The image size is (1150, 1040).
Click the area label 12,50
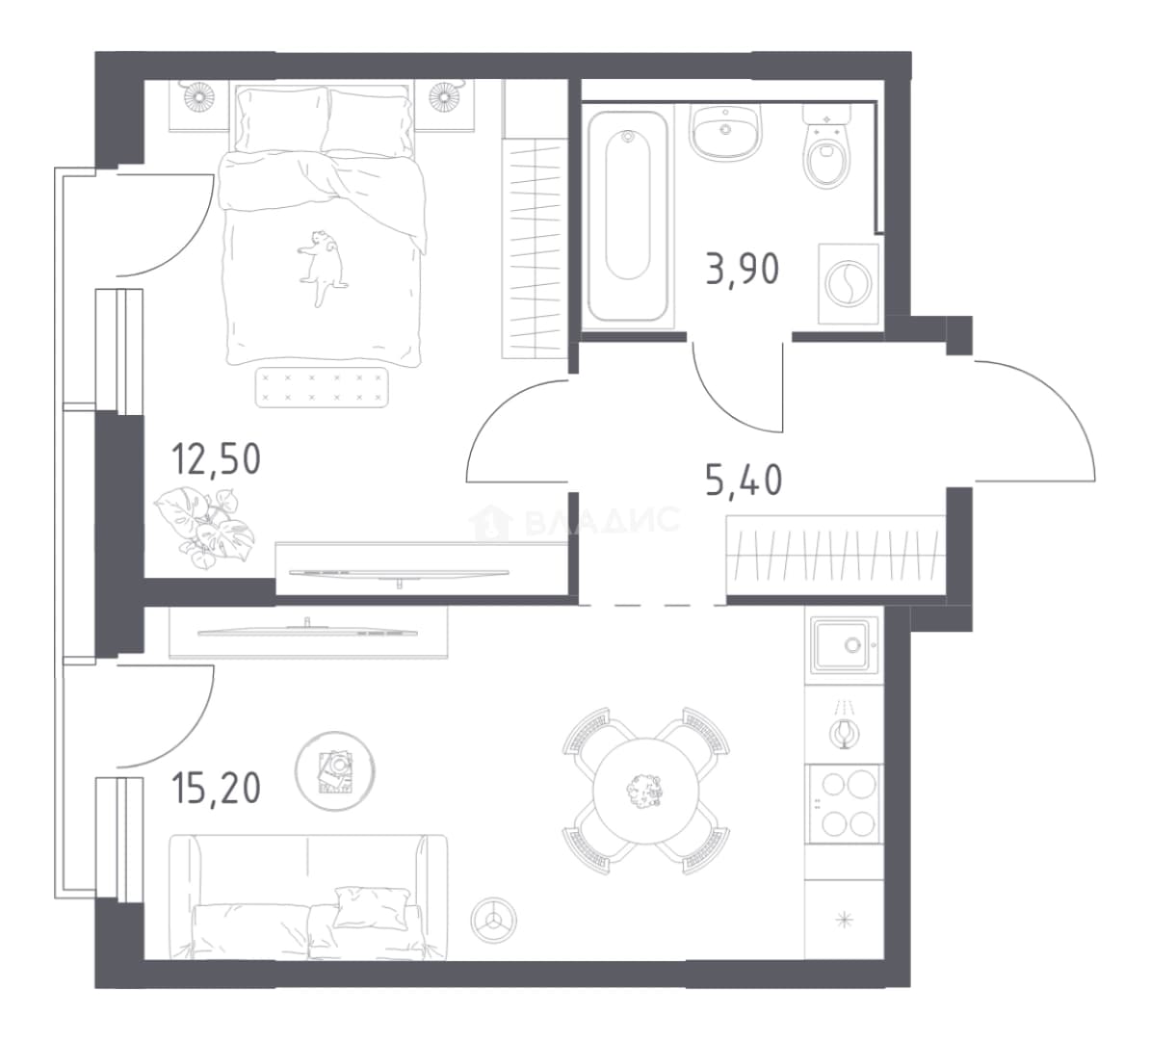point(217,460)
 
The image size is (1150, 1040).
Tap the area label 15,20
point(217,789)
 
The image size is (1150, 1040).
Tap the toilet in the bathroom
point(826,146)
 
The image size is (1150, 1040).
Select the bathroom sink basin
point(724,132)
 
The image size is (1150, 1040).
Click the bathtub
point(628,216)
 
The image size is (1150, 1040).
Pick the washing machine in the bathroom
point(849,283)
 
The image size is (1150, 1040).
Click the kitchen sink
point(844,644)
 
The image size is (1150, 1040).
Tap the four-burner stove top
point(844,804)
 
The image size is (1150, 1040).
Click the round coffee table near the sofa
point(335,770)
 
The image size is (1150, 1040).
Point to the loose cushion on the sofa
point(371,906)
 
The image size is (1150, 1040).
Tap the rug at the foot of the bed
point(322,387)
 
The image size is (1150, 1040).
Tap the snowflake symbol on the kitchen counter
point(845,919)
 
